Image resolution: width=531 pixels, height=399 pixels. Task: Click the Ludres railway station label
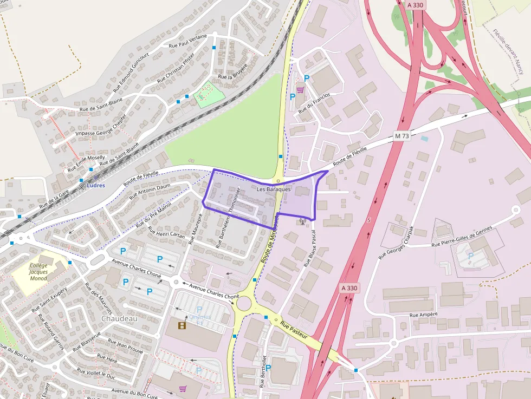95,185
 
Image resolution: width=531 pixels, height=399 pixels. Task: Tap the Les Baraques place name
274,189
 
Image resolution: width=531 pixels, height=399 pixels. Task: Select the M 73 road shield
402,136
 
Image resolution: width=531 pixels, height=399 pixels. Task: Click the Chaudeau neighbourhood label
119,319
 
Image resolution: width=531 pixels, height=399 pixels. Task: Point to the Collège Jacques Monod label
38,272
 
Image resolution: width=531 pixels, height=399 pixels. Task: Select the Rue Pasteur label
294,329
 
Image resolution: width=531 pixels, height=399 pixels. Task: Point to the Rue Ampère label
424,315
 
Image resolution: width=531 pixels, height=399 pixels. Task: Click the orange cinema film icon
182,325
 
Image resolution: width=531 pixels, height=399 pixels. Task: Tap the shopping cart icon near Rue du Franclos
300,90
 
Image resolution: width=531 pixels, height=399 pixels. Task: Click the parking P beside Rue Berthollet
268,368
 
